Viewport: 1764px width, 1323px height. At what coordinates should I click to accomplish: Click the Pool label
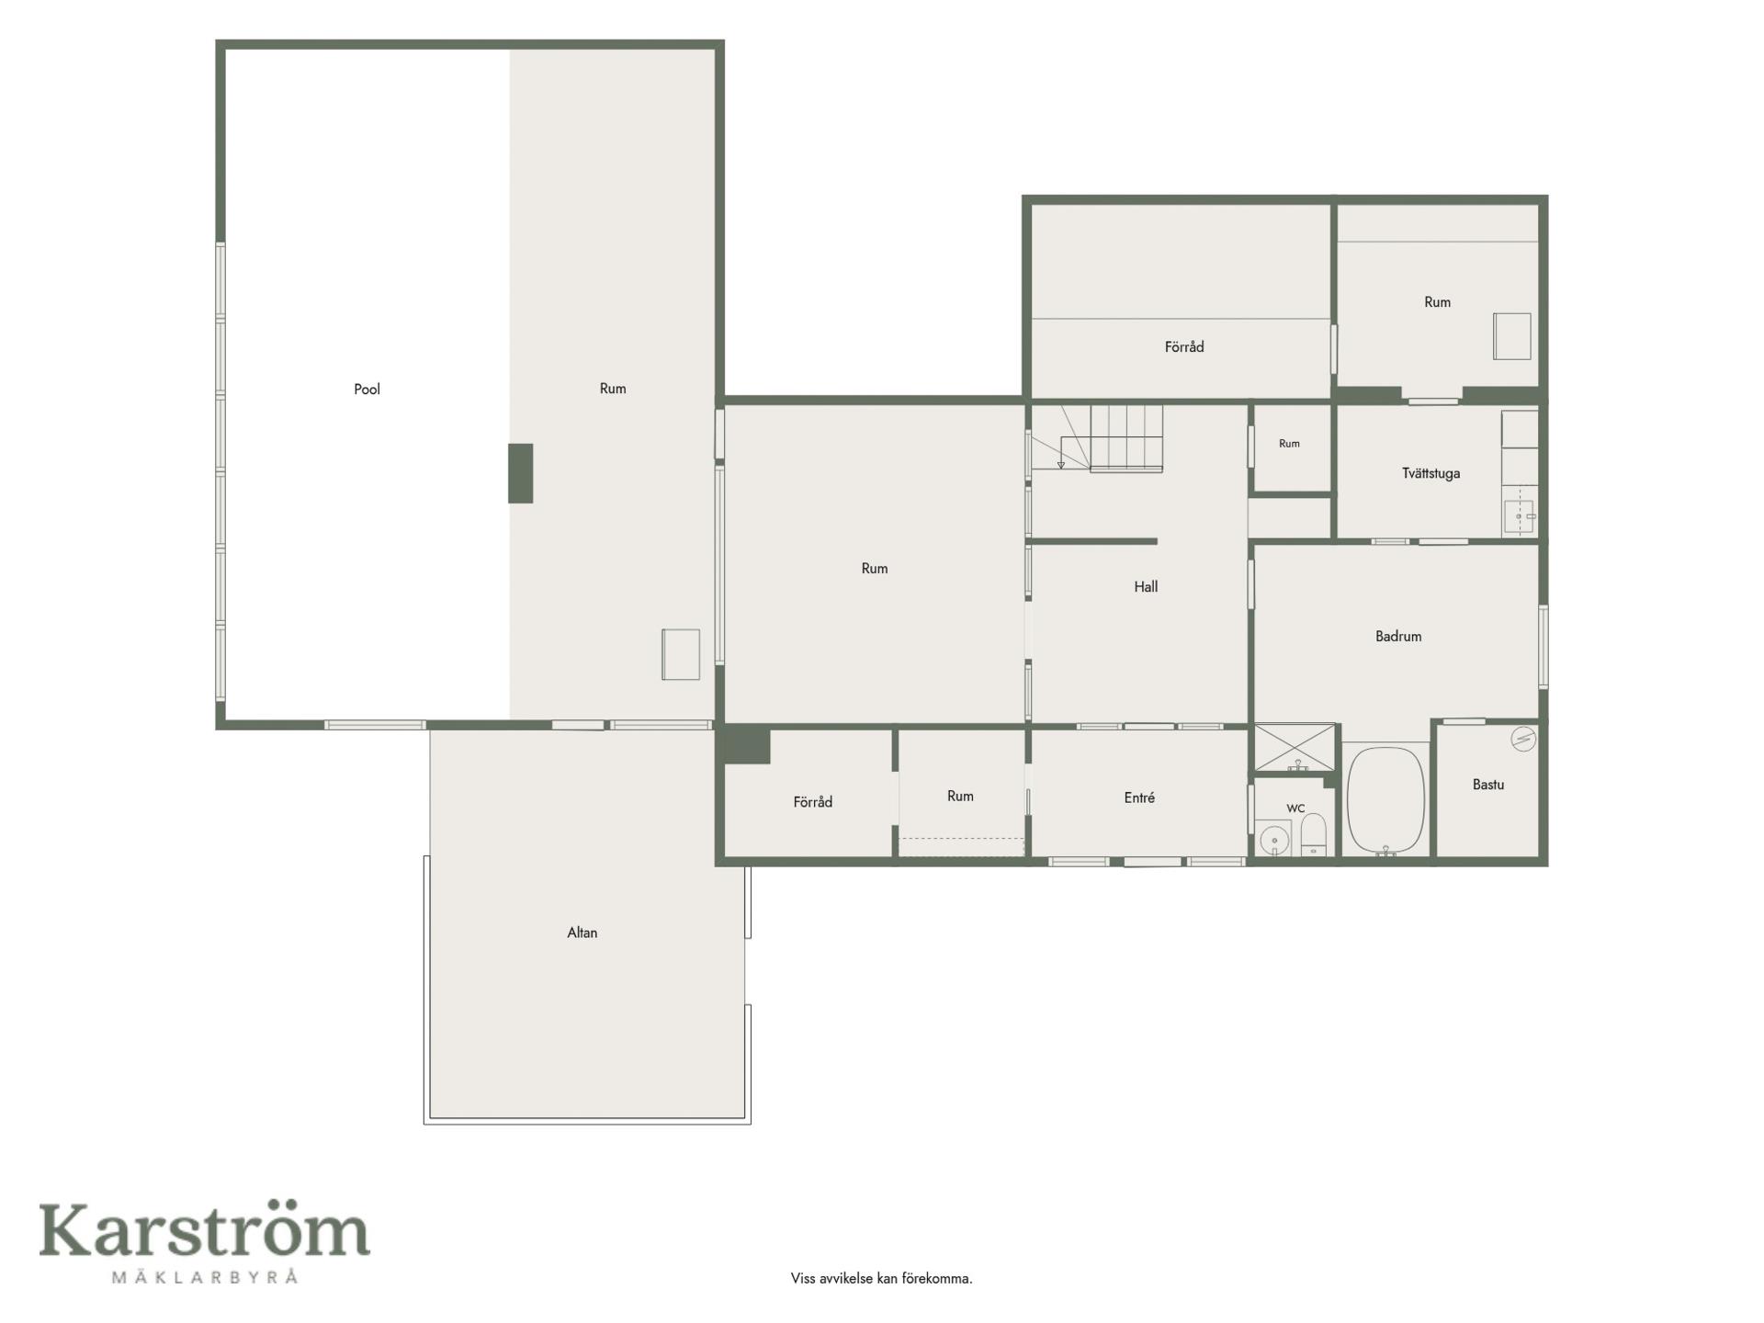pyautogui.click(x=367, y=390)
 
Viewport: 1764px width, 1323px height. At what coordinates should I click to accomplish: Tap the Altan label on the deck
pyautogui.click(x=582, y=933)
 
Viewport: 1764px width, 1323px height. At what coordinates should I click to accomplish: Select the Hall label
pyautogui.click(x=1146, y=587)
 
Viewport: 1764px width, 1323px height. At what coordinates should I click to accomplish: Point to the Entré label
pyautogui.click(x=1139, y=797)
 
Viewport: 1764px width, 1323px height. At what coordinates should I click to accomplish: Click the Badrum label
pyautogui.click(x=1398, y=636)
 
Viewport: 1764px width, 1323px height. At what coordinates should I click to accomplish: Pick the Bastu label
pyautogui.click(x=1488, y=785)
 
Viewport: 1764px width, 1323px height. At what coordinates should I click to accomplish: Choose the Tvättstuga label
pyautogui.click(x=1430, y=473)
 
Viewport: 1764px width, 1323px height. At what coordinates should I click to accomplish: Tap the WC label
pyautogui.click(x=1295, y=808)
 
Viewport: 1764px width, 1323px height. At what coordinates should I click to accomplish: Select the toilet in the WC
pyautogui.click(x=1314, y=834)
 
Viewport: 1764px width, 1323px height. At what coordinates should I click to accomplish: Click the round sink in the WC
pyautogui.click(x=1273, y=839)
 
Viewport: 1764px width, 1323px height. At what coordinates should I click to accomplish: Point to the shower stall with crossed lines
pyautogui.click(x=1295, y=748)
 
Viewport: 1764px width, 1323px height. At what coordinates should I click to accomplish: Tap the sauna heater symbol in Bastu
pyautogui.click(x=1523, y=739)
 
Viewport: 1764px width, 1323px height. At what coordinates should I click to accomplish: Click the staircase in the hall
pyautogui.click(x=1097, y=438)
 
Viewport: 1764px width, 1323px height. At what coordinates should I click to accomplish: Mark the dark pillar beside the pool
pyautogui.click(x=521, y=473)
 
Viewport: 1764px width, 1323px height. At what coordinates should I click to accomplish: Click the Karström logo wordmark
pyautogui.click(x=204, y=1230)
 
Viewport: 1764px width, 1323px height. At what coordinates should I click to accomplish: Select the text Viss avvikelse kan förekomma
pyautogui.click(x=881, y=1278)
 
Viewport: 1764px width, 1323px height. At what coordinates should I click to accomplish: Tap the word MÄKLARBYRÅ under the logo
pyautogui.click(x=205, y=1276)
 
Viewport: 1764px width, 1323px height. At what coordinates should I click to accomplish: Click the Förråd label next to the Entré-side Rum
pyautogui.click(x=813, y=802)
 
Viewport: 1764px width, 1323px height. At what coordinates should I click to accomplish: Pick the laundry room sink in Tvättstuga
pyautogui.click(x=1520, y=517)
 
